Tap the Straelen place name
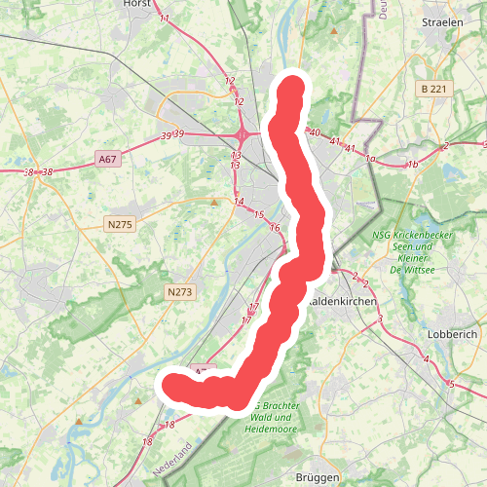pyautogui.click(x=442, y=21)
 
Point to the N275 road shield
pyautogui.click(x=119, y=225)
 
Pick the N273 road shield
pyautogui.click(x=179, y=291)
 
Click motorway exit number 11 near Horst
pyautogui.click(x=164, y=19)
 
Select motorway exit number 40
pyautogui.click(x=314, y=132)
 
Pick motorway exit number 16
pyautogui.click(x=276, y=228)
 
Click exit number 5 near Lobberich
pyautogui.click(x=452, y=384)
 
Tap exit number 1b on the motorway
pyautogui.click(x=412, y=164)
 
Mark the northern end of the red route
pyautogui.click(x=292, y=91)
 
